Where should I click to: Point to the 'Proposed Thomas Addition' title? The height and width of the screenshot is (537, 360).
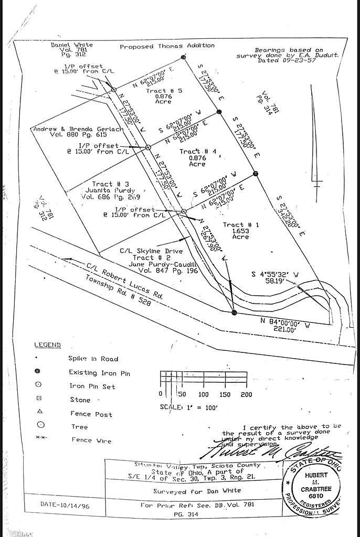(x=167, y=46)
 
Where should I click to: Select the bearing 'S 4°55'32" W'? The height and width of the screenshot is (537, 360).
(x=276, y=274)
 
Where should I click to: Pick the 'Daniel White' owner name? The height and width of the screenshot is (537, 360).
(x=72, y=45)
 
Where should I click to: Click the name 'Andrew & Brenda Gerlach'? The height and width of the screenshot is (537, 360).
(x=78, y=129)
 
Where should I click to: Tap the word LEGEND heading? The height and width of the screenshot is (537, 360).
(x=48, y=345)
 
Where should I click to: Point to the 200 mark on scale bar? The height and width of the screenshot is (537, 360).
(x=246, y=394)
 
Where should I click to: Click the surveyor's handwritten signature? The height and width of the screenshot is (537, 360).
(x=273, y=449)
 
